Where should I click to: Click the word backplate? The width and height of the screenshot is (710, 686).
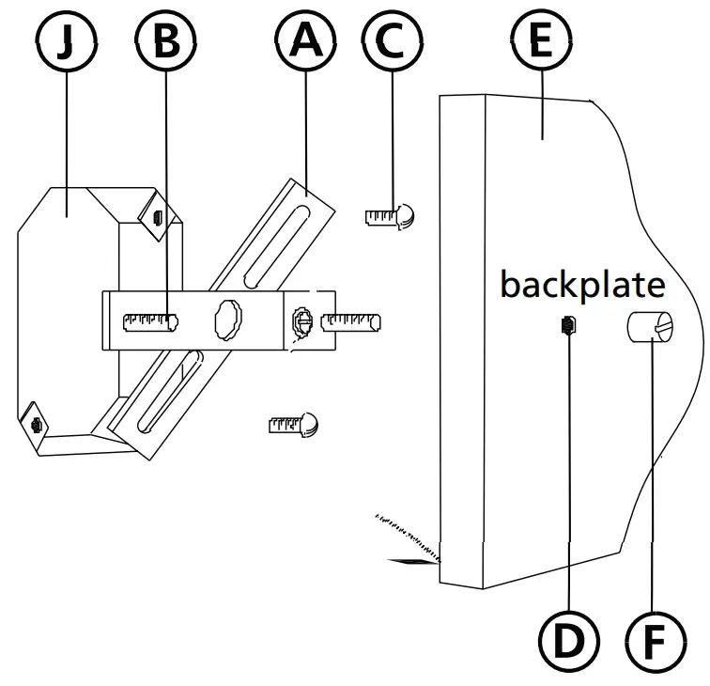pyautogui.click(x=582, y=284)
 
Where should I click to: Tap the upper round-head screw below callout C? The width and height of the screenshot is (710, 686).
pyautogui.click(x=392, y=216)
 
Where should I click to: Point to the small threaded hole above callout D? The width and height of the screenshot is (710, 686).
pyautogui.click(x=568, y=326)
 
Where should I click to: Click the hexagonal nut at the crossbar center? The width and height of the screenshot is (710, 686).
pyautogui.click(x=229, y=320)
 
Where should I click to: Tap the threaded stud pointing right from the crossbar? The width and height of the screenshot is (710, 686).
pyautogui.click(x=350, y=323)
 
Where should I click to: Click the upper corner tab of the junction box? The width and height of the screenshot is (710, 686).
pyautogui.click(x=155, y=215)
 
